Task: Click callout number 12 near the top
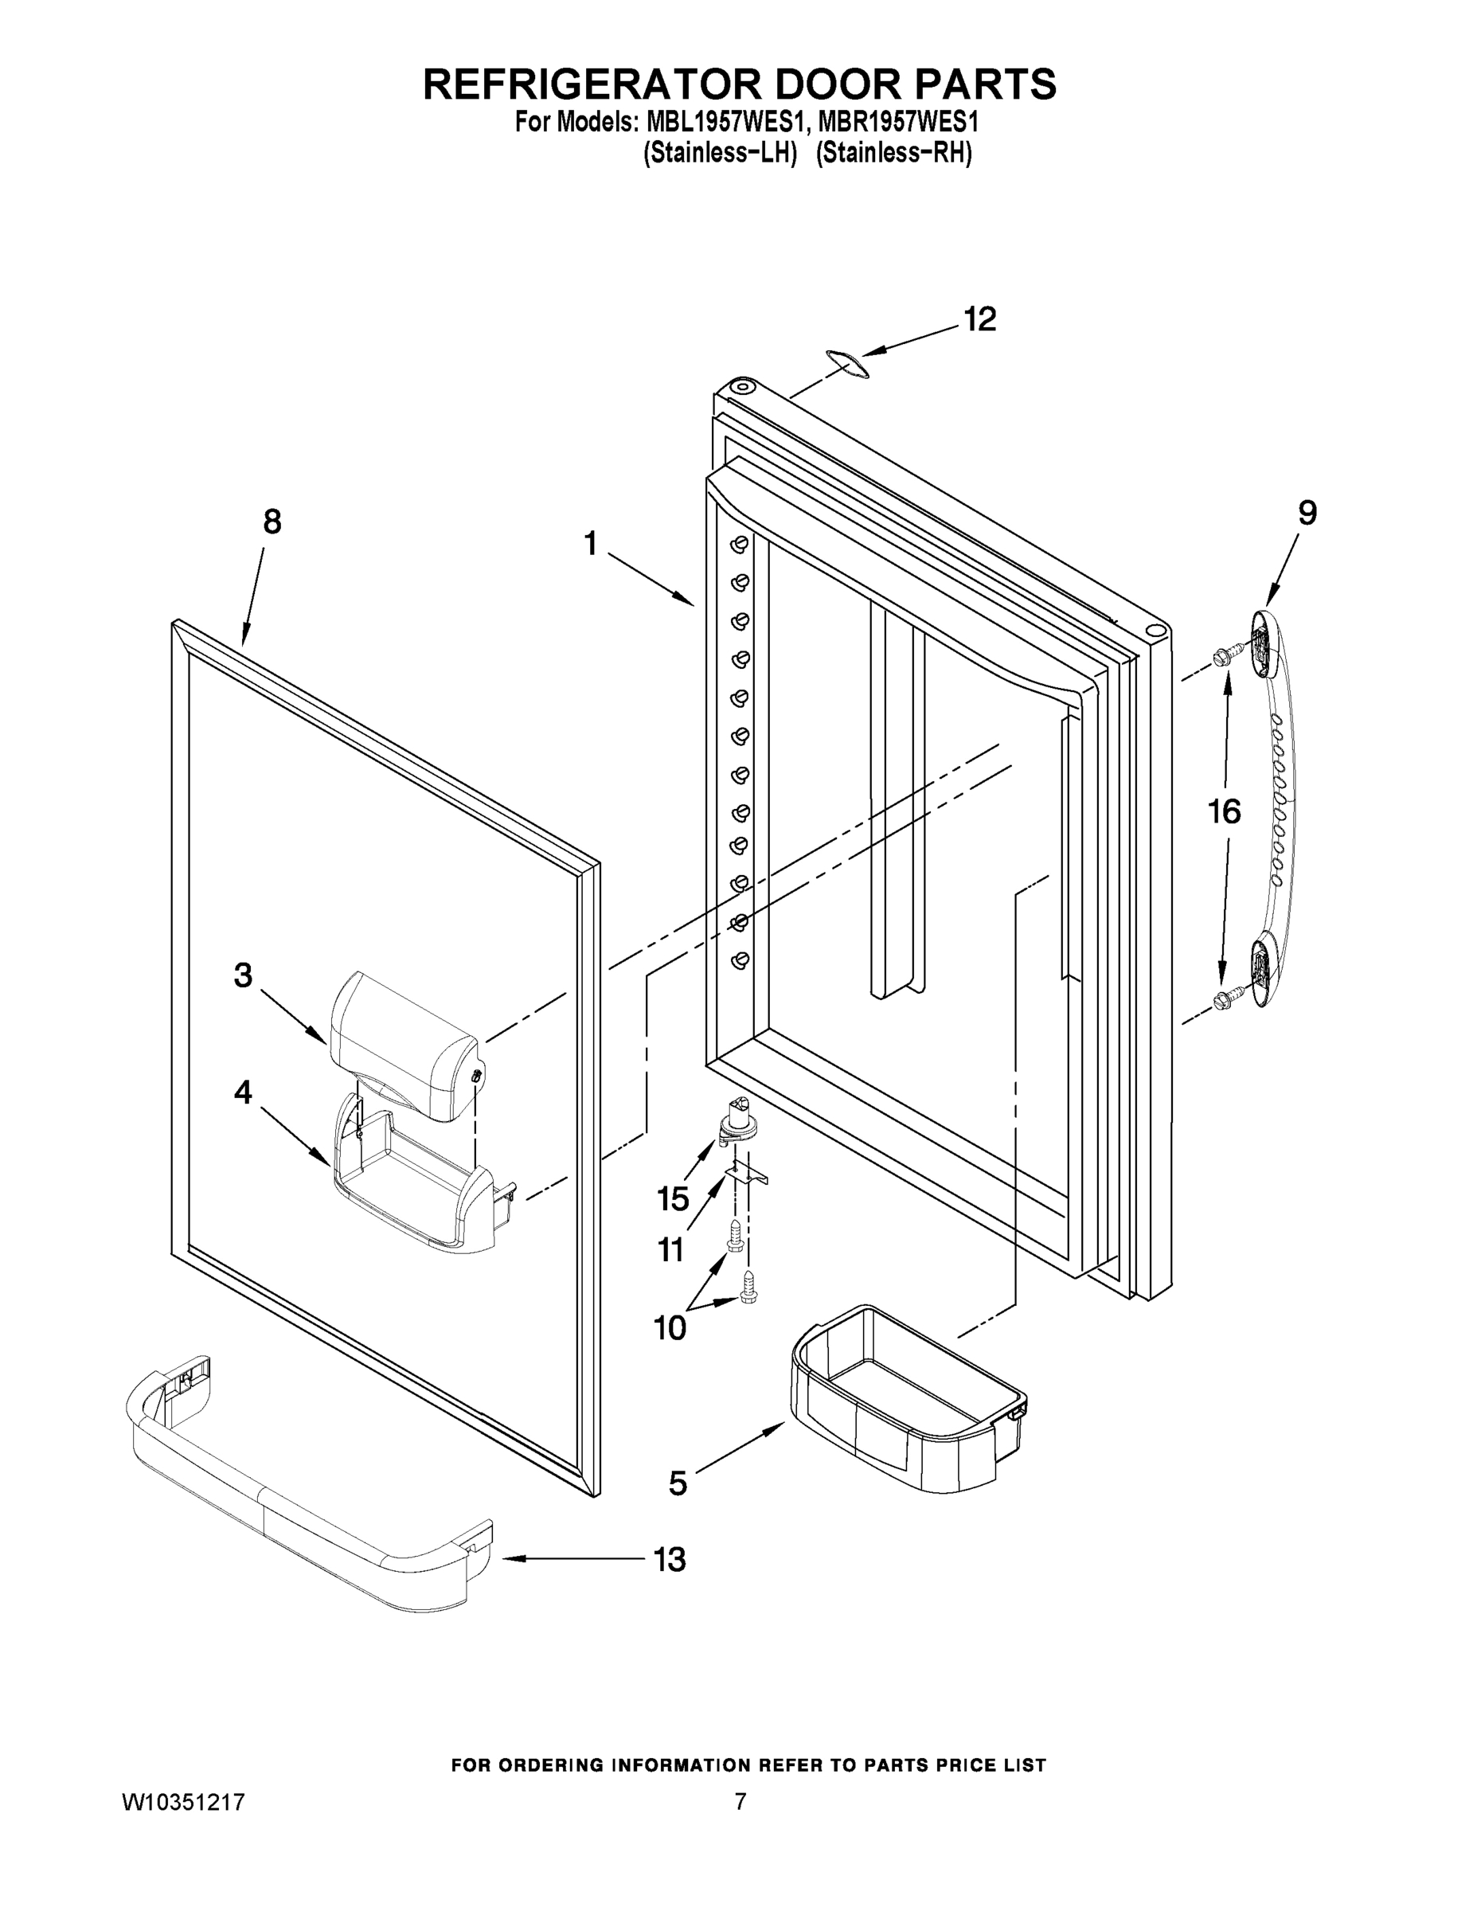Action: (x=979, y=319)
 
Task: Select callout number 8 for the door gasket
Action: (x=272, y=522)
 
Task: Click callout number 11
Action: (x=671, y=1250)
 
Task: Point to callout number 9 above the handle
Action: (x=1307, y=513)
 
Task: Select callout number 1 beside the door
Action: (x=592, y=545)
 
